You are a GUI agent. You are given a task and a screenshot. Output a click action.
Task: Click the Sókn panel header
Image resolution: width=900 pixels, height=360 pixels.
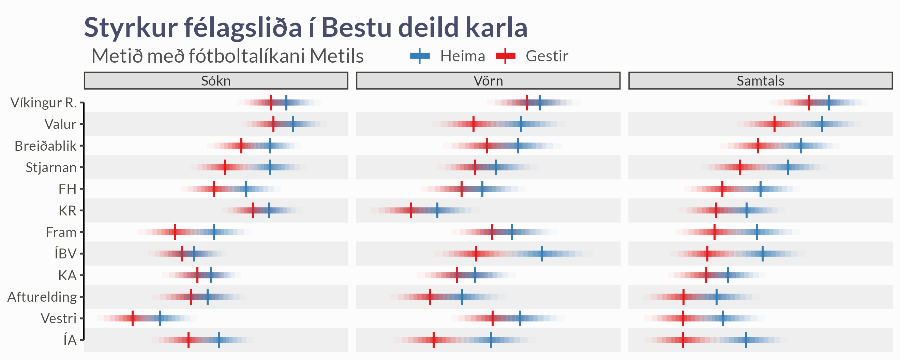click(x=216, y=81)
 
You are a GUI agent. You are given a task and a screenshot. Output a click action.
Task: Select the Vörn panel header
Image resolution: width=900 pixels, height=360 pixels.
click(x=488, y=81)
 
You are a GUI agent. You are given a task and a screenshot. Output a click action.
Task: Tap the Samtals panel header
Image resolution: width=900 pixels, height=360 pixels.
click(x=760, y=81)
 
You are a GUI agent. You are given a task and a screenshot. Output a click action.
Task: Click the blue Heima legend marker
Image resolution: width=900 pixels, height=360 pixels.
click(x=420, y=56)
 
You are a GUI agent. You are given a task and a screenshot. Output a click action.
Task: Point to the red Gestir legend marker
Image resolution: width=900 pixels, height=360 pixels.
click(x=505, y=56)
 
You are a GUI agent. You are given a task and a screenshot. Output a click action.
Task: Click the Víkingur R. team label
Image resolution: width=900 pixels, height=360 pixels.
click(x=43, y=102)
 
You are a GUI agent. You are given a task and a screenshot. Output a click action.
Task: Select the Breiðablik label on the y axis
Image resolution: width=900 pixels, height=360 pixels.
click(x=45, y=146)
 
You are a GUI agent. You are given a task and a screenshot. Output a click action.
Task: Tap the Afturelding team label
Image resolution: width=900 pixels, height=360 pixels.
click(x=42, y=297)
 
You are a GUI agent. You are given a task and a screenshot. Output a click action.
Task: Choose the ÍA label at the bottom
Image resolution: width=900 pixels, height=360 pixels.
click(x=70, y=340)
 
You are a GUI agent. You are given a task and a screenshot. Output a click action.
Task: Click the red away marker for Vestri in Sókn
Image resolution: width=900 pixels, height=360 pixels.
click(x=132, y=318)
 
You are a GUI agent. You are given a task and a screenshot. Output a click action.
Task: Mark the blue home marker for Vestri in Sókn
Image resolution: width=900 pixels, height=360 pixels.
click(x=160, y=318)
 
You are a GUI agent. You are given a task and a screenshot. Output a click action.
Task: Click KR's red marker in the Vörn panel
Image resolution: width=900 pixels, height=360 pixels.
click(x=410, y=210)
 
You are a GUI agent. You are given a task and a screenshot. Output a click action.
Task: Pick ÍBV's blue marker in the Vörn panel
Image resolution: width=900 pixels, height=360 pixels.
click(x=542, y=254)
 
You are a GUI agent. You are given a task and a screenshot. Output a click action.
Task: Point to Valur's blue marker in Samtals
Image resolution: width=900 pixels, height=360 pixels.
click(x=822, y=124)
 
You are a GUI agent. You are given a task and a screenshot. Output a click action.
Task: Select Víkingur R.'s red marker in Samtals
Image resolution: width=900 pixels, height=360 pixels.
click(x=809, y=102)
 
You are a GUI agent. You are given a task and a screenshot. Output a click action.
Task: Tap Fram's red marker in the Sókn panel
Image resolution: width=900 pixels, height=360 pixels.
click(x=175, y=232)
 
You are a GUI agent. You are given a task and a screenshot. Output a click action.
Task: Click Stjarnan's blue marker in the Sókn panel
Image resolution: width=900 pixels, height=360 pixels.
click(x=270, y=167)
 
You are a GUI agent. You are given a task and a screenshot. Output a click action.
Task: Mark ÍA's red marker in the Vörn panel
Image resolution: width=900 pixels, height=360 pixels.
click(x=434, y=340)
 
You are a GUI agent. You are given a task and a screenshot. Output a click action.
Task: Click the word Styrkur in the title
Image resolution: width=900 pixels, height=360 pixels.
click(x=131, y=28)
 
